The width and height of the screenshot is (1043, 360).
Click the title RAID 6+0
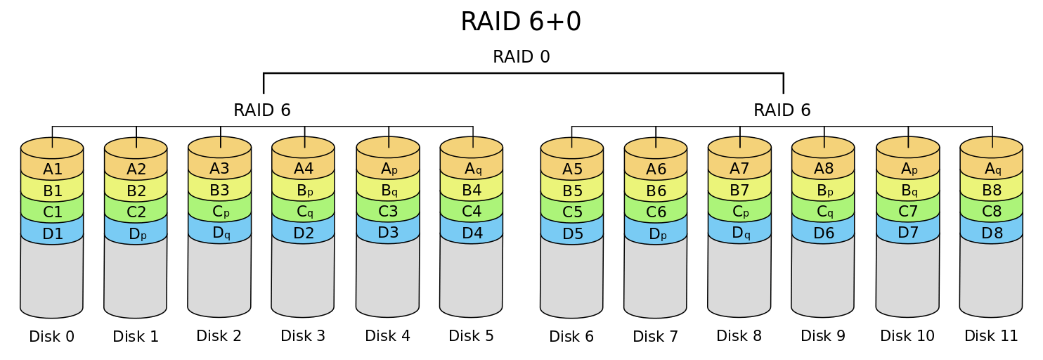[521, 22]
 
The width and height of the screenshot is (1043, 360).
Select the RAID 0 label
[521, 57]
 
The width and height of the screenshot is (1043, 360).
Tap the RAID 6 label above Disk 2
[262, 110]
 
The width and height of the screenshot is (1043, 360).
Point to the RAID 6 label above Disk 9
[782, 110]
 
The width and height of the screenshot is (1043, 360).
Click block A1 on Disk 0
[53, 169]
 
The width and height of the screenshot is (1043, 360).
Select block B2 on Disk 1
[136, 191]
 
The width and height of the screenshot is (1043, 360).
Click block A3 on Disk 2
[220, 168]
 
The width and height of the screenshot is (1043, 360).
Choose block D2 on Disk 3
[304, 233]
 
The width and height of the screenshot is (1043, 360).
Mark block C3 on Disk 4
[388, 211]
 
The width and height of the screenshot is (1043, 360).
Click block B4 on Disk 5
[472, 190]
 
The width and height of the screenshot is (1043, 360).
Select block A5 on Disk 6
[572, 169]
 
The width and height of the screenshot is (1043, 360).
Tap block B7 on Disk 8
[739, 190]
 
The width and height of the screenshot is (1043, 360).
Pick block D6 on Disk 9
[823, 233]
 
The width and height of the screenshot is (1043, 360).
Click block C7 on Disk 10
[908, 211]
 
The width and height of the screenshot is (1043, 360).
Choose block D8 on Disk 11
[992, 233]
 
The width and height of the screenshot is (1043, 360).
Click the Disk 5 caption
[472, 336]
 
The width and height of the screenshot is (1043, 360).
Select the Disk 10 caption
[907, 336]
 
